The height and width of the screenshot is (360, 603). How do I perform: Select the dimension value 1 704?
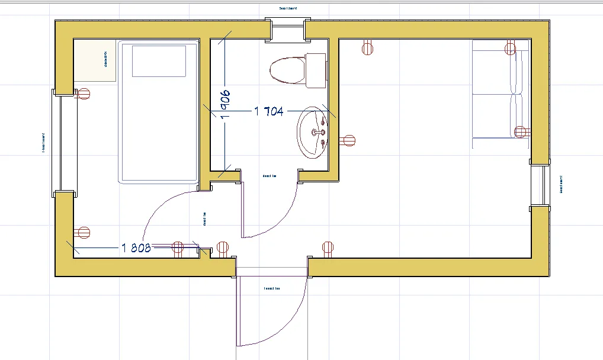(x=269, y=111)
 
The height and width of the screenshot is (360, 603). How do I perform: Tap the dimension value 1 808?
(x=136, y=247)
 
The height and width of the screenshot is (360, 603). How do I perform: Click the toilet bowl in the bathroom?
(x=287, y=70)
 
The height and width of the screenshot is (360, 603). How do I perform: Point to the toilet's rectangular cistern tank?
(x=316, y=69)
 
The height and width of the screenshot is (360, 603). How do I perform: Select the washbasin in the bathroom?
(x=312, y=132)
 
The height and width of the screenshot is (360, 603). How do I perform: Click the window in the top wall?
(x=288, y=30)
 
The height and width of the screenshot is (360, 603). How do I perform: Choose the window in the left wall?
(x=65, y=142)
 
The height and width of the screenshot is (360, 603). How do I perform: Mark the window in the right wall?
(x=540, y=185)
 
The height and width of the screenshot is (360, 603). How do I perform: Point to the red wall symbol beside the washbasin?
(x=349, y=141)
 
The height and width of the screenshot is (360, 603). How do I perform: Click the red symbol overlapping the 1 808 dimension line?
(x=177, y=247)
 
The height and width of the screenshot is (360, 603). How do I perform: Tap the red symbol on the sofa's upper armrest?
(x=511, y=49)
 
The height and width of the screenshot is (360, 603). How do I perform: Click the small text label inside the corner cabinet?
(x=106, y=59)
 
